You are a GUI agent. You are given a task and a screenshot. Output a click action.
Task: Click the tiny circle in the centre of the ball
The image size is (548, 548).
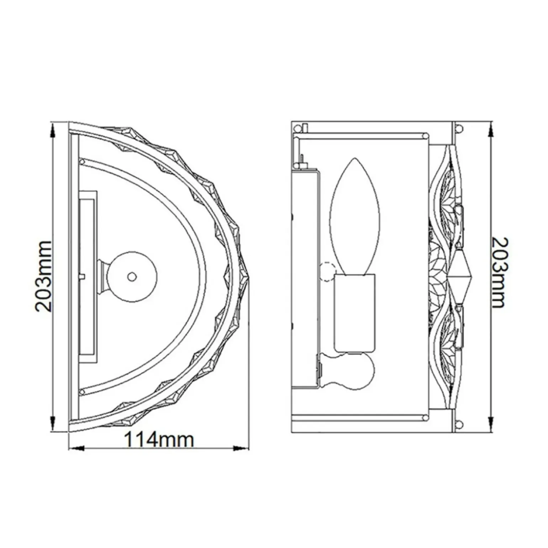tap(132, 276)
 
